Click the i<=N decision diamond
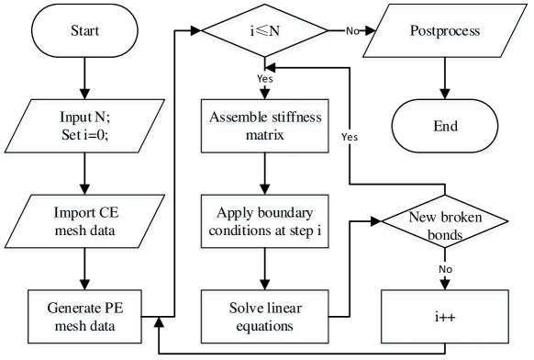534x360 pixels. tap(265, 32)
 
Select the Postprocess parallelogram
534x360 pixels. tap(446, 32)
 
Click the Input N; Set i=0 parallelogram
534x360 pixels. tap(85, 127)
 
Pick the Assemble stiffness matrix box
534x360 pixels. tap(265, 127)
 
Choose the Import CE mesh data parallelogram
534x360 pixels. tap(85, 221)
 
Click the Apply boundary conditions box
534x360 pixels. tap(265, 221)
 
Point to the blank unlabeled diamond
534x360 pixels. tap(446, 221)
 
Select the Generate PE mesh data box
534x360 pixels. tap(85, 317)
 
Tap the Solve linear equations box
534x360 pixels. tap(265, 317)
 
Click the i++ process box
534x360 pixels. tap(446, 317)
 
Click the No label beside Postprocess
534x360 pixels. tap(352, 31)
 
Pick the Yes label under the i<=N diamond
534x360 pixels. tap(265, 79)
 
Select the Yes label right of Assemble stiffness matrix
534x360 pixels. tap(350, 136)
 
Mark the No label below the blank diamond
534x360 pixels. tap(445, 269)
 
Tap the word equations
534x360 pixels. tap(265, 325)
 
